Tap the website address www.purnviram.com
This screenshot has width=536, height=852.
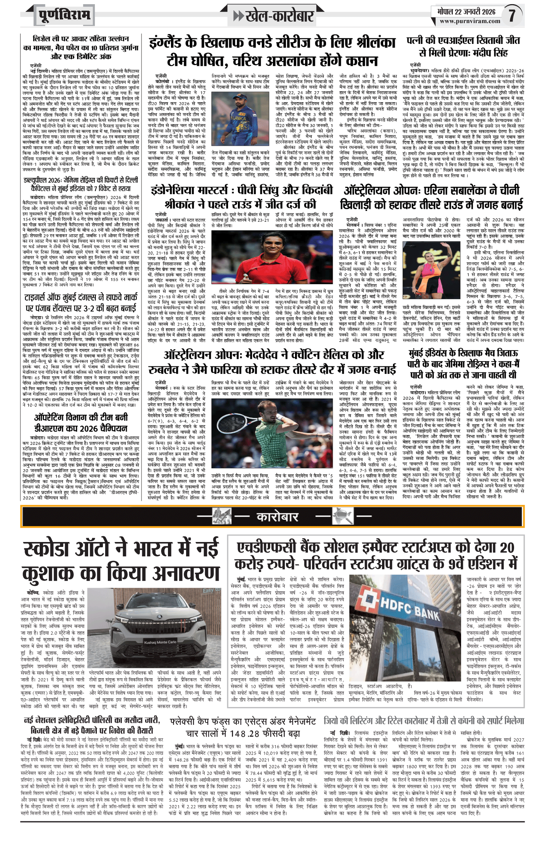pyautogui.click(x=469, y=22)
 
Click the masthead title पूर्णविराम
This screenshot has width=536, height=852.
pyautogui.click(x=65, y=16)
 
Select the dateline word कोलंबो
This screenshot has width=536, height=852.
pyautogui.click(x=162, y=81)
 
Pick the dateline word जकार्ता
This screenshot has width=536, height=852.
pyautogui.click(x=162, y=220)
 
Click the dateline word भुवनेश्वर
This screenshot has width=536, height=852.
pyautogui.click(x=420, y=71)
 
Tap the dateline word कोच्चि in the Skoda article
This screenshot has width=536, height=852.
pyautogui.click(x=33, y=593)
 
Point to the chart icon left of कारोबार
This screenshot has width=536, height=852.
pyautogui.click(x=222, y=517)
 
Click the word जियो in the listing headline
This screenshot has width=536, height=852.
pyautogui.click(x=332, y=721)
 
